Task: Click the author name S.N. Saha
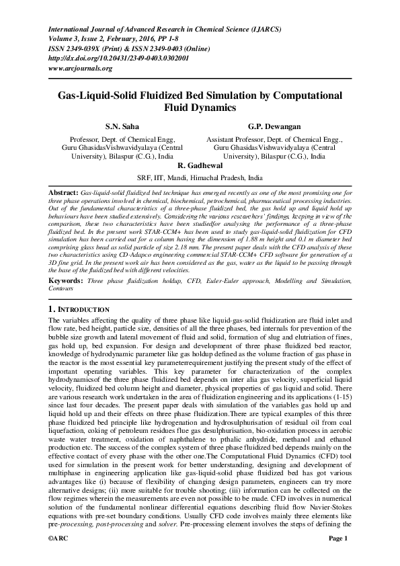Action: pos(122,126)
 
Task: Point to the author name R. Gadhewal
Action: pos(200,165)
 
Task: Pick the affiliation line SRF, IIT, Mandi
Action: pos(200,178)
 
